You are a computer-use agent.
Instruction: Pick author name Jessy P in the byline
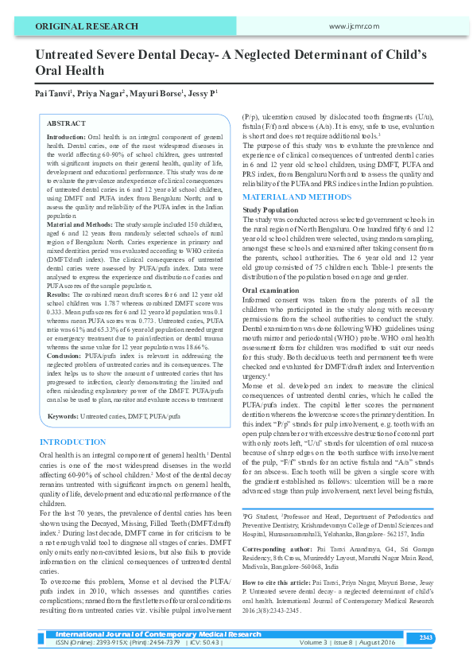(202, 94)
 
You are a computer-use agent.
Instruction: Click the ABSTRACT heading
(66, 124)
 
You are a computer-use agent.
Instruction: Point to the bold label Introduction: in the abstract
(66, 138)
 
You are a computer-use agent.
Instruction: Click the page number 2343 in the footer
(448, 637)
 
